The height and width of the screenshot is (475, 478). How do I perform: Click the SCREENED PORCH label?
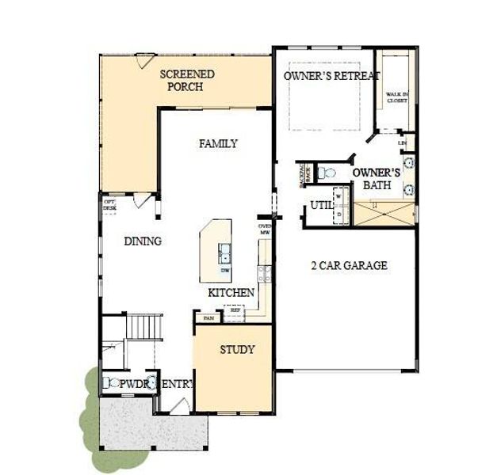(187, 80)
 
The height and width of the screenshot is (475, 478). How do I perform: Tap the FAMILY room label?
(218, 143)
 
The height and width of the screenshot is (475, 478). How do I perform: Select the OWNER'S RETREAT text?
(331, 76)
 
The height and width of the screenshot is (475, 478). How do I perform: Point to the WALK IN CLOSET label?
(397, 97)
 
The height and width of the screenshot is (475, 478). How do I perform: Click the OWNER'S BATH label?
(377, 178)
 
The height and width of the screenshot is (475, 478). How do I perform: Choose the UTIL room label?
(321, 205)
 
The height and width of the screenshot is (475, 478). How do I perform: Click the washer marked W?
(338, 194)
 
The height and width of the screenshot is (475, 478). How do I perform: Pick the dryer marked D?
(338, 214)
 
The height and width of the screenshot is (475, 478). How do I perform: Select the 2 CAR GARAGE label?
(348, 265)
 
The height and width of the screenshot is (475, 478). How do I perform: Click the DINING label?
(143, 241)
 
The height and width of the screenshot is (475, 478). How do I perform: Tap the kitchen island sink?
(225, 254)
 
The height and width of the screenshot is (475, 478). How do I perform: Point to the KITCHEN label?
(231, 293)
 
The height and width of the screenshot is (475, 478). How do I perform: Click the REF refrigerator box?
(234, 311)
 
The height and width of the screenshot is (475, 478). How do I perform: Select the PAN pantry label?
(208, 317)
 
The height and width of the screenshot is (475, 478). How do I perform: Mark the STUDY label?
(237, 349)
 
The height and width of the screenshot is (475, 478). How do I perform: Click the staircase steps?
(145, 325)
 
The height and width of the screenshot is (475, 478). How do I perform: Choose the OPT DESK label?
(109, 204)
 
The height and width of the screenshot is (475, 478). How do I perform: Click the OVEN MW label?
(265, 230)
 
